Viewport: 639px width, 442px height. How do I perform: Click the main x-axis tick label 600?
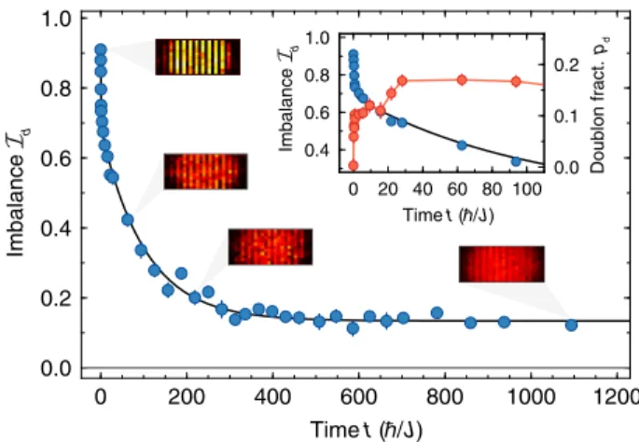[358, 397]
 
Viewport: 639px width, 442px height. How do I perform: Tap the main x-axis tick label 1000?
[531, 397]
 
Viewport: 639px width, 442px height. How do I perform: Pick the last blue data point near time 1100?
[571, 325]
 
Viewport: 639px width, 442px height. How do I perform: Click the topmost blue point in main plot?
[101, 50]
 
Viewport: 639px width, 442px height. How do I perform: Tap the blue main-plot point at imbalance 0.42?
[128, 219]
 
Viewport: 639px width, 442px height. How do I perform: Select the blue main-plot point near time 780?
[437, 313]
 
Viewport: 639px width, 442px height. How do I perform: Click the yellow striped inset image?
[198, 57]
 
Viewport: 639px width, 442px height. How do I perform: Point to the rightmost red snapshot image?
[502, 264]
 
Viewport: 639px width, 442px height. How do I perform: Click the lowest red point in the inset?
[354, 165]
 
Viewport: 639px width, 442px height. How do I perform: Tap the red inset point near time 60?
[462, 80]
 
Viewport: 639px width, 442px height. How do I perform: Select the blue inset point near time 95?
[517, 161]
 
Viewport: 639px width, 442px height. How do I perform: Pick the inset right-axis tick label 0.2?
[566, 65]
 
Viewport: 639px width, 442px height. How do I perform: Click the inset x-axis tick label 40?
[423, 189]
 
